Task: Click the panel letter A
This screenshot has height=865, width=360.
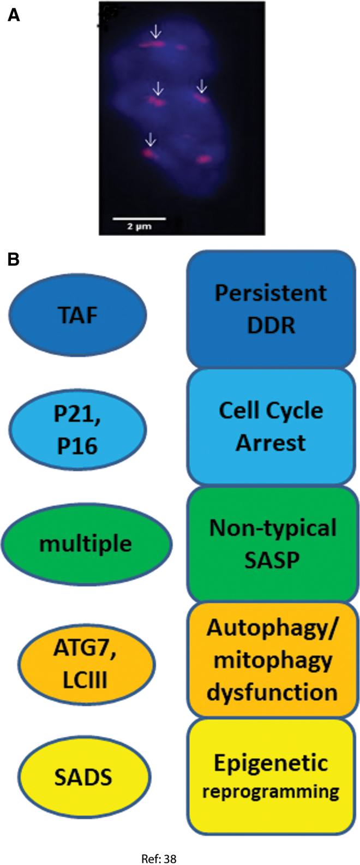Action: coord(14,15)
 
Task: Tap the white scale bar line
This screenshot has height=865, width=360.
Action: coord(139,219)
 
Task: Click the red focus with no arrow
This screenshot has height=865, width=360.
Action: coord(203,159)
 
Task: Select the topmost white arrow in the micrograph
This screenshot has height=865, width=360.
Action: coord(156,32)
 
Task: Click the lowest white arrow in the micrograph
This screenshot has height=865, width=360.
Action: coord(150,140)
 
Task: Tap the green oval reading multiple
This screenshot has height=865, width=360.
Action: coord(86,544)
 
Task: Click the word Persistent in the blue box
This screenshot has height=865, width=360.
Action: coord(271,293)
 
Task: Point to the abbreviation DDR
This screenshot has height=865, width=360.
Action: coord(271,325)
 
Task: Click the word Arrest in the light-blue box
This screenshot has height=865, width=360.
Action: coord(271,443)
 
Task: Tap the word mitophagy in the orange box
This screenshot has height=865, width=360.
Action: coord(272,660)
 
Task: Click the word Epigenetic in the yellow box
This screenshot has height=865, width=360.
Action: coord(271,763)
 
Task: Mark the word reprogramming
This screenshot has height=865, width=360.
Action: coord(271,792)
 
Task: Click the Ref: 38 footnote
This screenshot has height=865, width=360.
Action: coord(159,858)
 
